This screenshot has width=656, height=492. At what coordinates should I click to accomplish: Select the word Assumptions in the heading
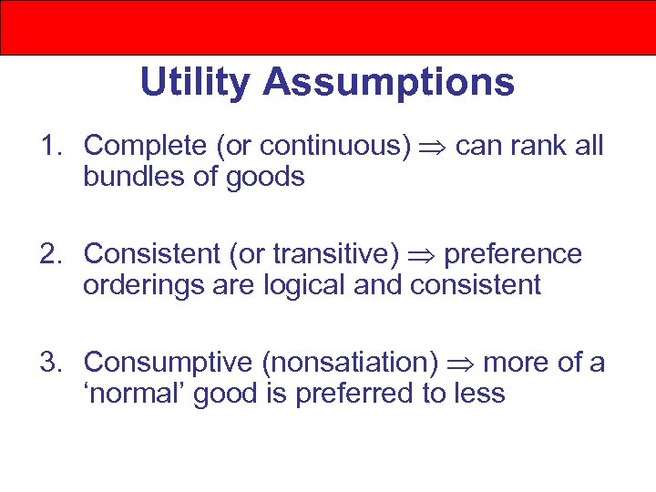pos(389,83)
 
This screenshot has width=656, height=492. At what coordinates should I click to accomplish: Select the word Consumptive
pos(168,363)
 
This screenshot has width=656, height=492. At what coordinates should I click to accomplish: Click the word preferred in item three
pos(345,394)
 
